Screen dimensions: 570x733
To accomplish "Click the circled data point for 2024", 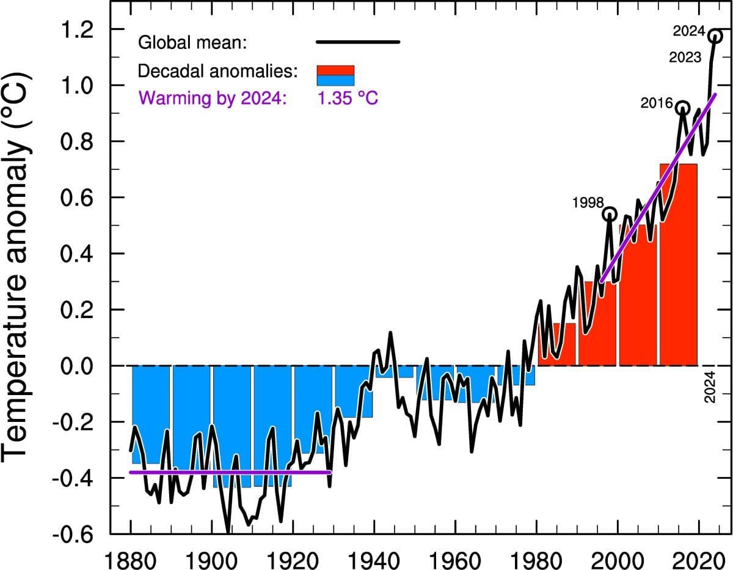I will [715, 36].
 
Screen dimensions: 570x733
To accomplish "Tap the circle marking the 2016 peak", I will [682, 108].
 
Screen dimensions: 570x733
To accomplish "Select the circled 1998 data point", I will [610, 213].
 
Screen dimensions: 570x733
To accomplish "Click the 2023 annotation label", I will [685, 58].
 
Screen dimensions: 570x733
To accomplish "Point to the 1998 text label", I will [588, 202].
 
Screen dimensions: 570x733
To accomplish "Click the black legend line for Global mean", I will [357, 42].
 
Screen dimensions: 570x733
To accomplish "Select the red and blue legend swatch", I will [335, 75].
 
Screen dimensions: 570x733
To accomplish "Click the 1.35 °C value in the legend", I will [352, 98].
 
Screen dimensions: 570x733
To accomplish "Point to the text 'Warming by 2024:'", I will [213, 98].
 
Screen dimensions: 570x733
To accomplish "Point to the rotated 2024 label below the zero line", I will [710, 387].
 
